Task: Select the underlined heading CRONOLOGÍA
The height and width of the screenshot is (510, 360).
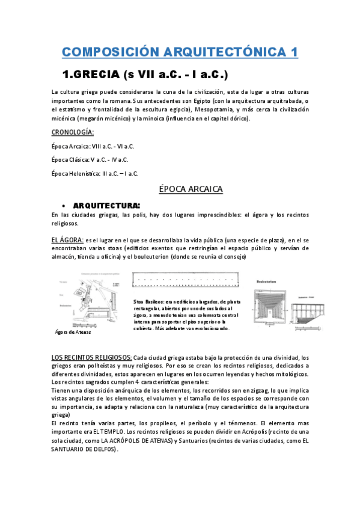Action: coord(72,132)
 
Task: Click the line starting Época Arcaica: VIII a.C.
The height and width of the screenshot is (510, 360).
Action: coord(93,146)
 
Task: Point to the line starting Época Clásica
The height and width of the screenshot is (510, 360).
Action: coord(90,160)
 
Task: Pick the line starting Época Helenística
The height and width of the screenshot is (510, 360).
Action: coord(95,174)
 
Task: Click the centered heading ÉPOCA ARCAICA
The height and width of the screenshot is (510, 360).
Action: coord(191,189)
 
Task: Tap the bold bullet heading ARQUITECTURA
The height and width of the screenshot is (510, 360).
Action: coord(106,205)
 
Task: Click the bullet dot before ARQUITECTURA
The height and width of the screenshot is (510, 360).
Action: coord(64,205)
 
